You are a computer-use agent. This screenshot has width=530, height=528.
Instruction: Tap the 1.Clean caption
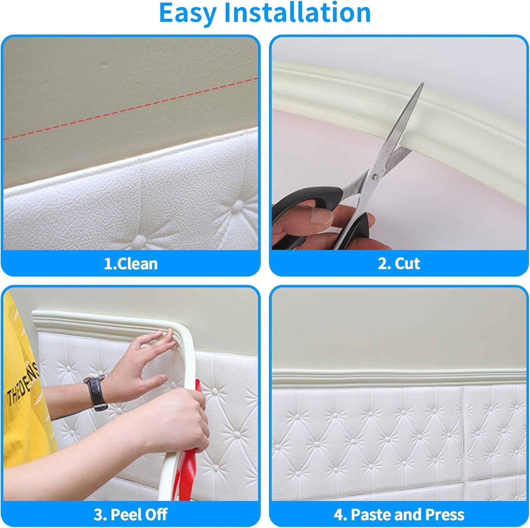point(130,264)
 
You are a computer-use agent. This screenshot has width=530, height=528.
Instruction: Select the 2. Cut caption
point(399,264)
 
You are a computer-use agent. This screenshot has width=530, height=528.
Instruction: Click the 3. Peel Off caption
point(130,514)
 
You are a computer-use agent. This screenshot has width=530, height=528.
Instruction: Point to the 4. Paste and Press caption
point(399,514)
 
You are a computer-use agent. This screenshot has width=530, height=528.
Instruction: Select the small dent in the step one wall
point(103,65)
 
